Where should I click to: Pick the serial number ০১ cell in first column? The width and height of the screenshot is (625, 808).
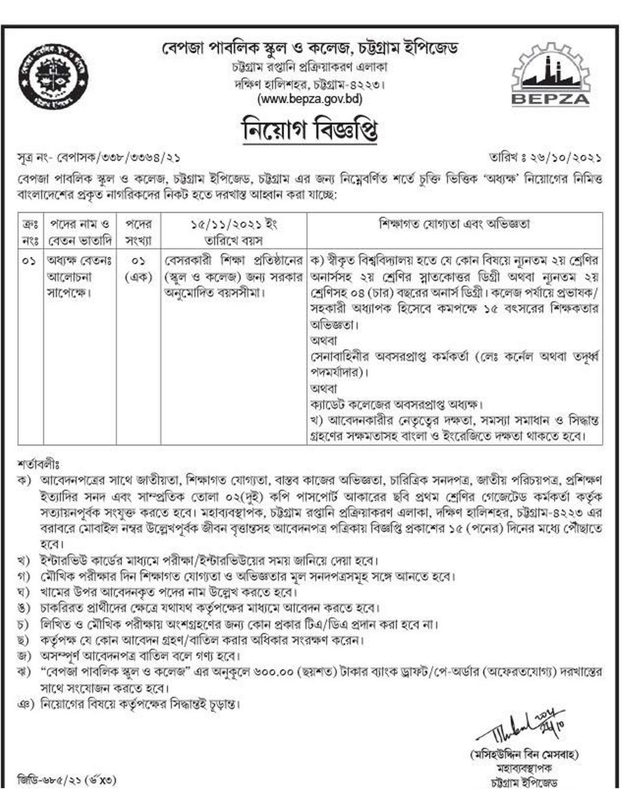click(30, 261)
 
